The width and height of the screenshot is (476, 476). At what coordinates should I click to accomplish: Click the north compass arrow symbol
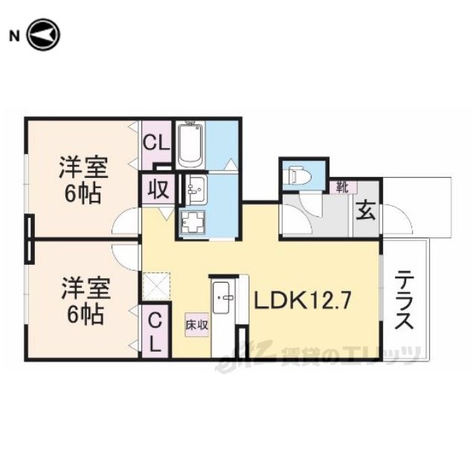pyautogui.click(x=43, y=35)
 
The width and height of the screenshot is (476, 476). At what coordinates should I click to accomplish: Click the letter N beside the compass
pyautogui.click(x=14, y=36)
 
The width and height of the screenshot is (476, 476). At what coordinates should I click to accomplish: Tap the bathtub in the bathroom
pyautogui.click(x=190, y=145)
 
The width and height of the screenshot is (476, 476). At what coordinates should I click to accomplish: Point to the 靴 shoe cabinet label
pyautogui.click(x=342, y=188)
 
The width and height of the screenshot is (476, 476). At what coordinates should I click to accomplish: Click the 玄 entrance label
pyautogui.click(x=365, y=210)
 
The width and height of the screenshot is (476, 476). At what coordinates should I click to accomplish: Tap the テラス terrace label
pyautogui.click(x=405, y=299)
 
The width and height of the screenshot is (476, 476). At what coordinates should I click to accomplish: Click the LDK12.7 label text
pyautogui.click(x=303, y=300)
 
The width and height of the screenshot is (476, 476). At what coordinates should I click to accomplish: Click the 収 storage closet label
pyautogui.click(x=158, y=190)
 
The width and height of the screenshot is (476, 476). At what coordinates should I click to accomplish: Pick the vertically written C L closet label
pyautogui.click(x=155, y=332)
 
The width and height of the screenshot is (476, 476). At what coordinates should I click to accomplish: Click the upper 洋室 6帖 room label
pyautogui.click(x=83, y=180)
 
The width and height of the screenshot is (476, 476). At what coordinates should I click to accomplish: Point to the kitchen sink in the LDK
pyautogui.click(x=221, y=297)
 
